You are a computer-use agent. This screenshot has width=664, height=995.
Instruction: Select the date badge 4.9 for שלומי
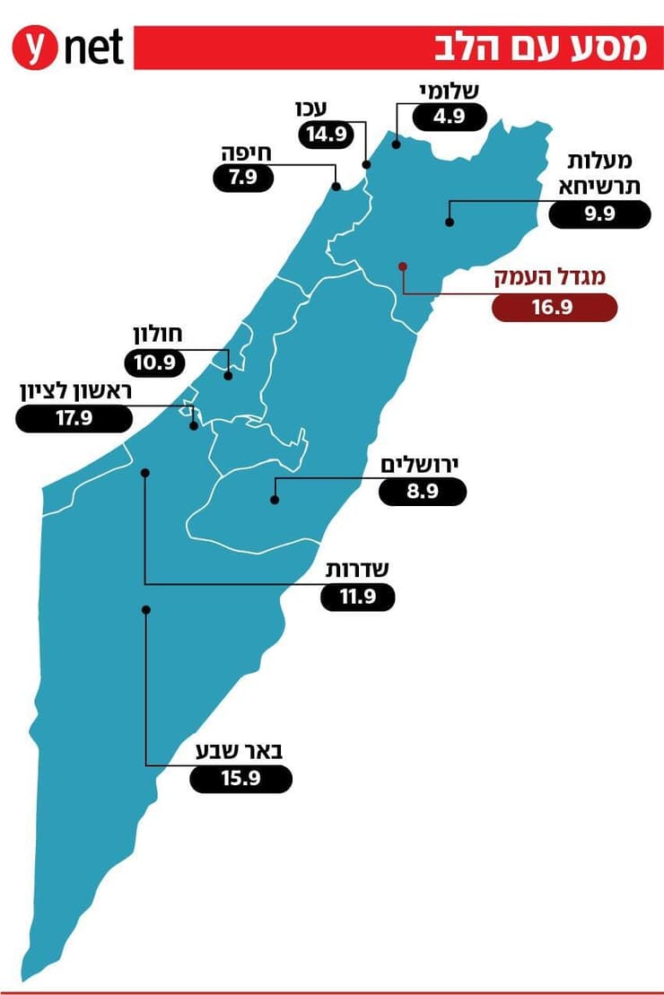point(449,117)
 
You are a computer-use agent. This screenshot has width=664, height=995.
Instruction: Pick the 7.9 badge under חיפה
point(243,177)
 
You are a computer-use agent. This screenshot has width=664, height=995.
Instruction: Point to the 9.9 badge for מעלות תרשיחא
point(599,215)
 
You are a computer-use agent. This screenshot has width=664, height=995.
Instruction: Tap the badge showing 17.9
point(74,418)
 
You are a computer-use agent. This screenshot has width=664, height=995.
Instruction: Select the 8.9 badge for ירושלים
point(422,492)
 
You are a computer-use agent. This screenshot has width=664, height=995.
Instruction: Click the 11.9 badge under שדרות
point(357,598)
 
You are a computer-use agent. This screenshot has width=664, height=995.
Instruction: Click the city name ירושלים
point(420,466)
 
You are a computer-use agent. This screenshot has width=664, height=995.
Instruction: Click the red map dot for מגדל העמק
point(403,266)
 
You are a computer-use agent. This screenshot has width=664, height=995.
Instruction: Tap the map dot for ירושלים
point(275,501)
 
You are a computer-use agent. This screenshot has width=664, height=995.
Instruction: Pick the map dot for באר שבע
point(145,609)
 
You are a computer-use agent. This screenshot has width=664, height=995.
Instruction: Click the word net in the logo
point(94,48)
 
